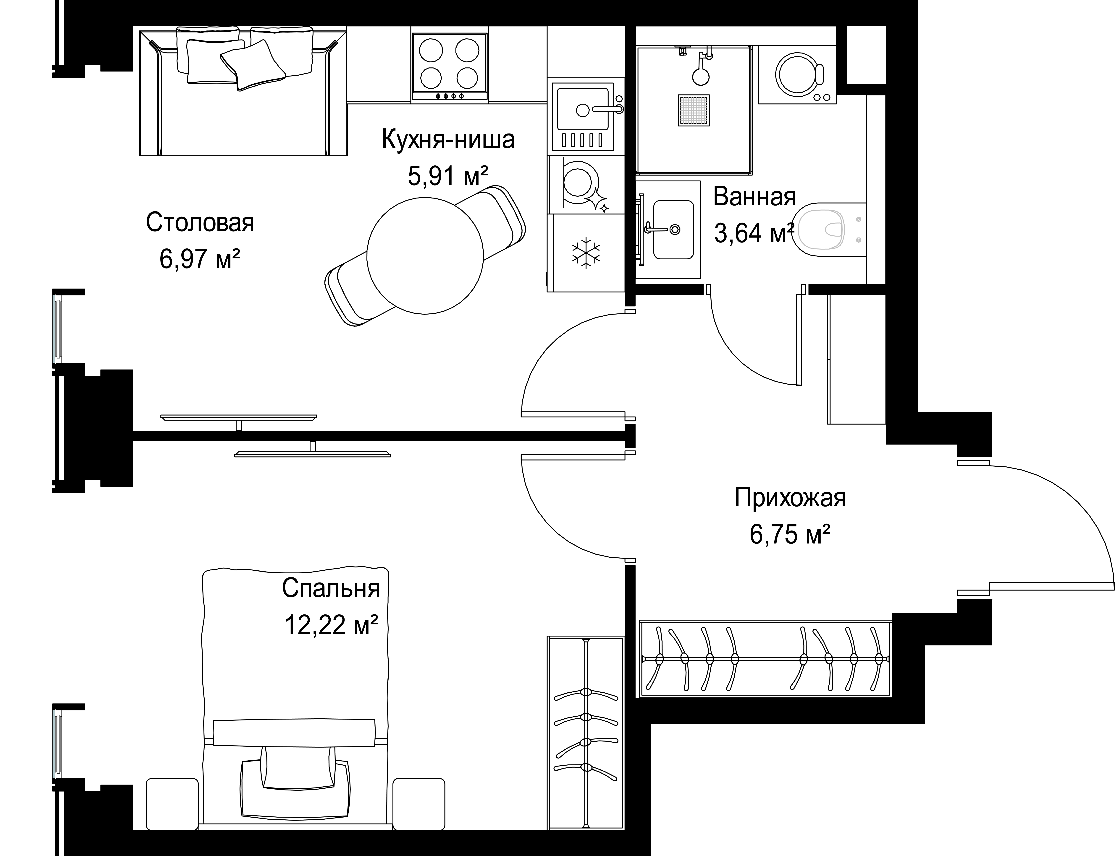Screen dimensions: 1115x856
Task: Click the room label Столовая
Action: [x=200, y=223]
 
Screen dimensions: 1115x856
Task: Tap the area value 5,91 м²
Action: [x=448, y=176]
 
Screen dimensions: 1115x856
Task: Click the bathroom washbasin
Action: [x=673, y=229]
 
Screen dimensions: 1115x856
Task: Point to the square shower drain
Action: [x=693, y=110]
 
